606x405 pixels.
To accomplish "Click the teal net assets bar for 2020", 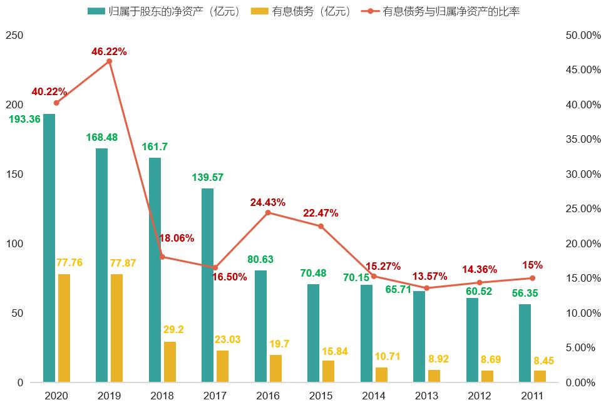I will point(49,248).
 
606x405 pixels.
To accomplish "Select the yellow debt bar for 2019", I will point(116,328).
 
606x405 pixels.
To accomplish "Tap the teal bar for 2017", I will point(207,285).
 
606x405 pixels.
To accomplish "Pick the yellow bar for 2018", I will point(170,362).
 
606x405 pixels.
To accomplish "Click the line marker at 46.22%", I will point(109,61).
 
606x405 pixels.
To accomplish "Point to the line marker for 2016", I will point(268,213).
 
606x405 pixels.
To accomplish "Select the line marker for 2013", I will point(426,288).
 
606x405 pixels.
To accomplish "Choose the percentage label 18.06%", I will point(177,238).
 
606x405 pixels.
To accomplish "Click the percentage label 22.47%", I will point(321,213).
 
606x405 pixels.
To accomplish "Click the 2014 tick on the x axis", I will point(374,396).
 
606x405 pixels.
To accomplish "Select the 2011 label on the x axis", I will point(532,396).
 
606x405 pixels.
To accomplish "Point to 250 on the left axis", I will point(14,36).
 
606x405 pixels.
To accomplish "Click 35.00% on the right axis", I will point(578,140).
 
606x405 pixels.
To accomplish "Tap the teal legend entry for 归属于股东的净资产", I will point(165,11).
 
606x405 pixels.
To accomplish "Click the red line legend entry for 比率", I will point(440,11).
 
